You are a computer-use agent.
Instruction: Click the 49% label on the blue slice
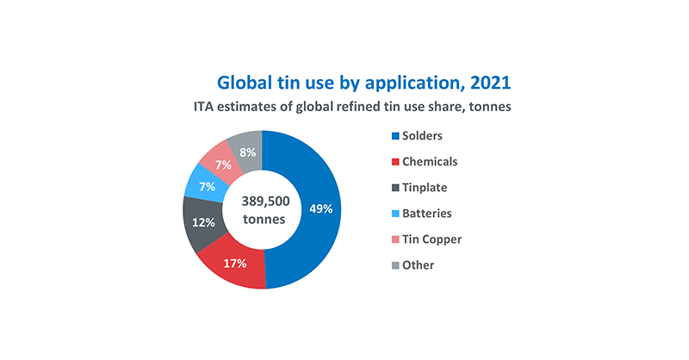(x=320, y=208)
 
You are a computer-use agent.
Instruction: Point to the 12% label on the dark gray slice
(x=202, y=222)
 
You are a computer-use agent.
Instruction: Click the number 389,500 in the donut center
(x=262, y=200)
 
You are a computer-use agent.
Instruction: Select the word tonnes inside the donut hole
(x=262, y=219)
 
